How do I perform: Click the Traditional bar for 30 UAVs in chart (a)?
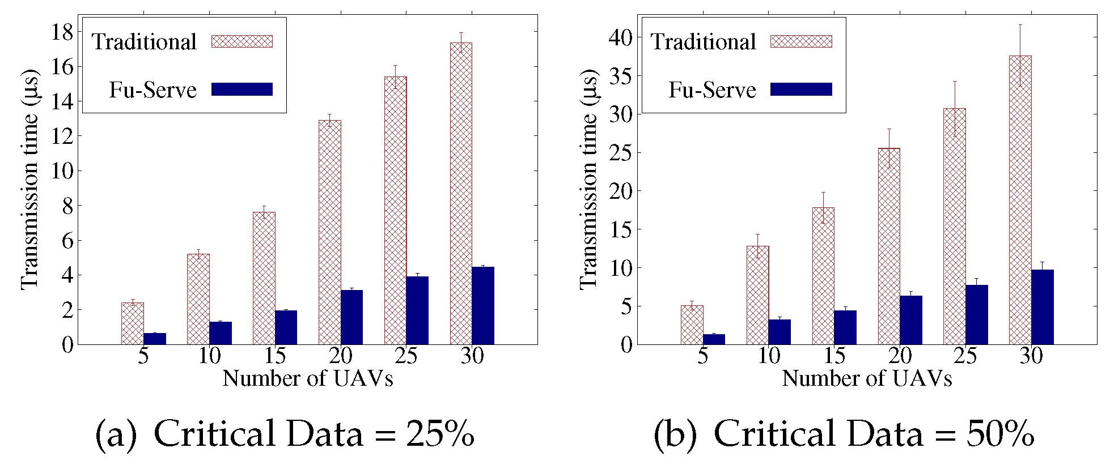pyautogui.click(x=461, y=193)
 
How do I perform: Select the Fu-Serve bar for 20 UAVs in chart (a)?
pyautogui.click(x=351, y=317)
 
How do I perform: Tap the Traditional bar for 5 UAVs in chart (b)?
pyautogui.click(x=692, y=325)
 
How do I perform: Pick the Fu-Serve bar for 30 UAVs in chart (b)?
pyautogui.click(x=1042, y=307)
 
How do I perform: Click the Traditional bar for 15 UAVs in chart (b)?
pyautogui.click(x=823, y=276)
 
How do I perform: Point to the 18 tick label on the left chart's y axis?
pyautogui.click(x=62, y=32)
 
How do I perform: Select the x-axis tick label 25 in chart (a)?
pyautogui.click(x=406, y=356)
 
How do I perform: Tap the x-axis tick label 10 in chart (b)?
pyautogui.click(x=769, y=356)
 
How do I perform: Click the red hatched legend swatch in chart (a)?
pyautogui.click(x=242, y=41)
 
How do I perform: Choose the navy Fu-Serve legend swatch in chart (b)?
pyautogui.click(x=801, y=89)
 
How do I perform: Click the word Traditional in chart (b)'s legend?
pyautogui.click(x=703, y=42)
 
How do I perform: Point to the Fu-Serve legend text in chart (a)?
pyautogui.click(x=152, y=90)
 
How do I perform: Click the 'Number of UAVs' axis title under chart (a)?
pyautogui.click(x=307, y=378)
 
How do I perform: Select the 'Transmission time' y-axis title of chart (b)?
pyautogui.click(x=589, y=179)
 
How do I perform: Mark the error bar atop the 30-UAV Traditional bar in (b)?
pyautogui.click(x=1020, y=55)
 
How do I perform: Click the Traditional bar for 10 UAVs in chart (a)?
pyautogui.click(x=198, y=299)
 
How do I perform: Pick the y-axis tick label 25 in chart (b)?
pyautogui.click(x=620, y=153)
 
